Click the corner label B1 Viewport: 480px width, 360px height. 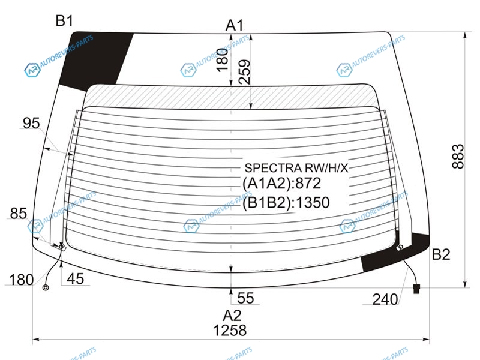click(x=64, y=21)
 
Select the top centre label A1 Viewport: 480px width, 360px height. click(x=235, y=25)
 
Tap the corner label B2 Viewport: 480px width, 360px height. click(x=441, y=254)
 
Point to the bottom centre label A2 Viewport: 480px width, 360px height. click(x=232, y=316)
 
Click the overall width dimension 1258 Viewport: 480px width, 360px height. click(x=230, y=331)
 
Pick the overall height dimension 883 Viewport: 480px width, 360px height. click(x=458, y=156)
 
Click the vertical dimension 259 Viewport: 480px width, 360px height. click(x=244, y=72)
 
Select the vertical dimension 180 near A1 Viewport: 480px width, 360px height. click(x=223, y=60)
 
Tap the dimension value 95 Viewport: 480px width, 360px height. click(x=31, y=124)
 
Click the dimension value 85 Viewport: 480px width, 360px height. click(x=19, y=214)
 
